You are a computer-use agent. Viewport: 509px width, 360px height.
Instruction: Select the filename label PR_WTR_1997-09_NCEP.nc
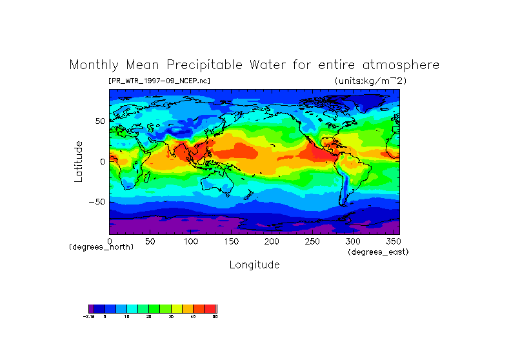click(159, 81)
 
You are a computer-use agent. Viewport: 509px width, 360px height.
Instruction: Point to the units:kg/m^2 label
click(370, 81)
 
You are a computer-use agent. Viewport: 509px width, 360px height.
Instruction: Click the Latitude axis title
click(78, 161)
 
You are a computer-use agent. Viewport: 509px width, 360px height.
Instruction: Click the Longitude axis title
click(254, 265)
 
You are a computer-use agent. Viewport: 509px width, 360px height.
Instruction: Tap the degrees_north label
click(101, 247)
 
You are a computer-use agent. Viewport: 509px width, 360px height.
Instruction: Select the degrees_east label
click(378, 252)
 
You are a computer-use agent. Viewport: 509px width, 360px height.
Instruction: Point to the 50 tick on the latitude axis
click(100, 121)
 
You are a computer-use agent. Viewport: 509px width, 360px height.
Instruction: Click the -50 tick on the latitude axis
click(96, 201)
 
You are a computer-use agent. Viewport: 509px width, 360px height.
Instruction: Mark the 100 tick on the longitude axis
click(191, 241)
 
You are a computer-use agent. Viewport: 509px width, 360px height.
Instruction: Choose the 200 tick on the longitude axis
click(272, 241)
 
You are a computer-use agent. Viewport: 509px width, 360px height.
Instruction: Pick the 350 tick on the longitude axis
click(394, 241)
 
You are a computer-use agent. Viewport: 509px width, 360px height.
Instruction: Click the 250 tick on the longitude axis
click(312, 241)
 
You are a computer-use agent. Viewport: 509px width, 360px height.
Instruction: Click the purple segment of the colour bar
click(91, 308)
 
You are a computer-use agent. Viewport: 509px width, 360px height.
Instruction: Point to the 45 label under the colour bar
click(193, 317)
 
